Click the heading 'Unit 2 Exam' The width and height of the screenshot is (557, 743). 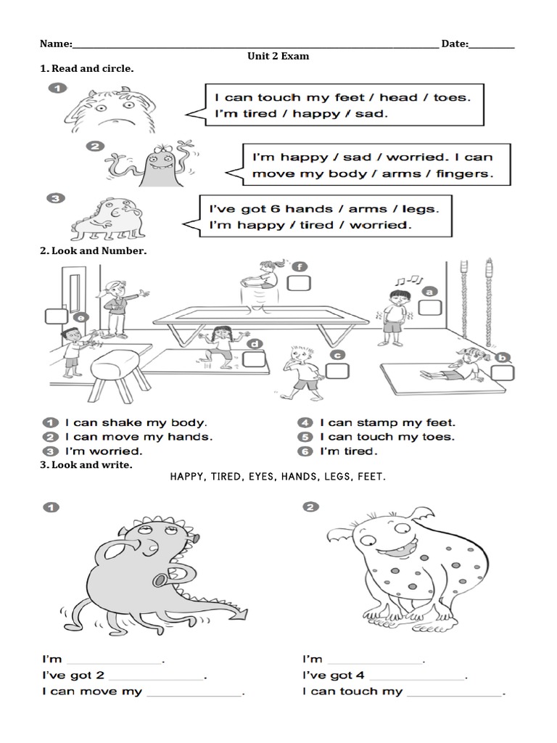point(278,56)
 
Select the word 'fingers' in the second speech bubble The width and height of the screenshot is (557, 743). point(468,174)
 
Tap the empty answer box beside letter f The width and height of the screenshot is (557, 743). point(298,282)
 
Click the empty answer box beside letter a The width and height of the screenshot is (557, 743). point(429,308)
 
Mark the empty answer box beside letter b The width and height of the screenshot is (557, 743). point(500,374)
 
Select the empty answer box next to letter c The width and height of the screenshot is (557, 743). point(337,371)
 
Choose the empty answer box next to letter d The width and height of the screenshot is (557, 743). point(254,359)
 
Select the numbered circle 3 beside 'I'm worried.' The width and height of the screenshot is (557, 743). point(50,451)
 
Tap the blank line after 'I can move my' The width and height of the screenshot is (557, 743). point(194,692)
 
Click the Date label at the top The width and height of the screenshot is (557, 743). point(455,44)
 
